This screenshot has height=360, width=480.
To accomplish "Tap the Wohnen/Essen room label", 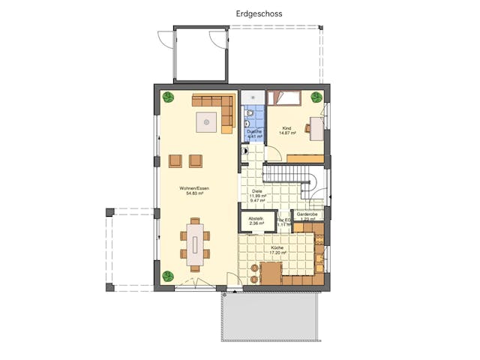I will pos(195,187).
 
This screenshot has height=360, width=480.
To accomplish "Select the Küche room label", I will pos(277,247).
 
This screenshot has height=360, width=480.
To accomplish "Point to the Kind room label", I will pos(286,128).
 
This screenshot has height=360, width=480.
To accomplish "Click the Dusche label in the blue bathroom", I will pos(254,131).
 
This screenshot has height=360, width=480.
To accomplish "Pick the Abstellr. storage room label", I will pos(256,218).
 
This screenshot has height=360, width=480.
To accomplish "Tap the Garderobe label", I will pos(308,214).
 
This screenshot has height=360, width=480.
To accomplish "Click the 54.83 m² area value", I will pos(195,193).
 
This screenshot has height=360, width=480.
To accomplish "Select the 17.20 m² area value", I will pos(277,253).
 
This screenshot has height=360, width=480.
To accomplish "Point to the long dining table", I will pos(195,244).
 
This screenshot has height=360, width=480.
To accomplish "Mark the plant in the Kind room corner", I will pos(316,97).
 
